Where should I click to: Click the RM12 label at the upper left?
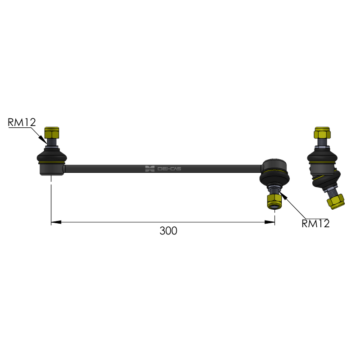[x=22, y=122]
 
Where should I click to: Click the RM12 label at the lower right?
[x=315, y=224]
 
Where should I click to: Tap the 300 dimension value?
[x=168, y=231]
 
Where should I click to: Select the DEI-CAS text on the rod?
[x=169, y=169]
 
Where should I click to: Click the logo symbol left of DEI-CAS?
[x=150, y=169]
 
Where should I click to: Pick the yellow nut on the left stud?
[x=52, y=132]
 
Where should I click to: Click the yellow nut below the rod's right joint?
[x=274, y=202]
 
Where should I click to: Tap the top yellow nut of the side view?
[x=322, y=133]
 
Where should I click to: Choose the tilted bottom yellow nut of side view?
[x=336, y=202]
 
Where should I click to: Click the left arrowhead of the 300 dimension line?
[x=56, y=222]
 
